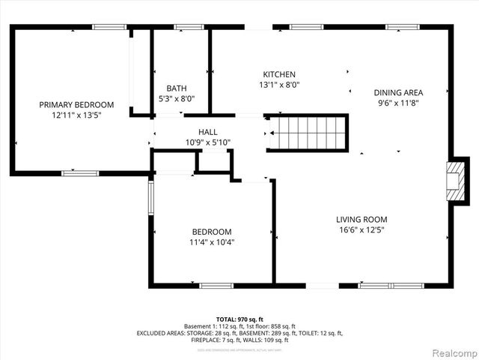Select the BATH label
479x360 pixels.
pyautogui.click(x=177, y=88)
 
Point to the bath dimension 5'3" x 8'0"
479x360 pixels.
pyautogui.click(x=177, y=98)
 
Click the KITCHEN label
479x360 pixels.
pyautogui.click(x=279, y=74)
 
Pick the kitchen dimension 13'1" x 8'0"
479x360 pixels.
pyautogui.click(x=279, y=85)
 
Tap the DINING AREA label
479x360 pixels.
pyautogui.click(x=398, y=93)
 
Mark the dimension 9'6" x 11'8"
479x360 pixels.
pyautogui.click(x=398, y=103)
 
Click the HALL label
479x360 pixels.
pyautogui.click(x=208, y=132)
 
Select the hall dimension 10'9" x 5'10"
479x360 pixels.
pyautogui.click(x=208, y=142)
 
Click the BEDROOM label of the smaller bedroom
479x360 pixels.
pyautogui.click(x=212, y=232)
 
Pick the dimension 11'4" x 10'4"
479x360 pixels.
pyautogui.click(x=212, y=242)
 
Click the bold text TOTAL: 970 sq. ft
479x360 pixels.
pyautogui.click(x=239, y=319)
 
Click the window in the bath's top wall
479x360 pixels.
pyautogui.click(x=189, y=28)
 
